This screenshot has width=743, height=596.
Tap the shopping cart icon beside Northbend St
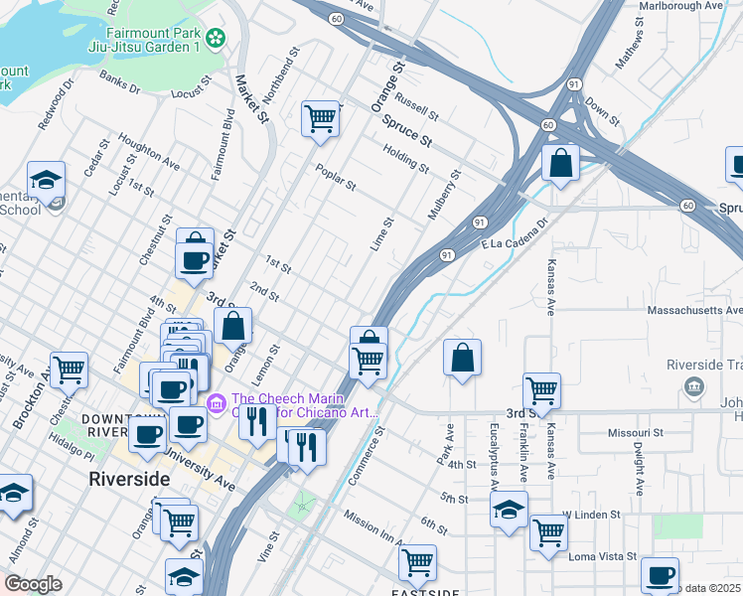321,119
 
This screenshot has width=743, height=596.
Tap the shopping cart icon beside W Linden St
548,532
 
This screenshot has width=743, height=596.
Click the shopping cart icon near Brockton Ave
70,370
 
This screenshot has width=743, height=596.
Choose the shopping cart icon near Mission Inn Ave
417,562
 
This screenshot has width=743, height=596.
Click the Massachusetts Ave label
694,311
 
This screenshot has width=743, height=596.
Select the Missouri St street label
635,434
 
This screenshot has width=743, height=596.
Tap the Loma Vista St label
603,557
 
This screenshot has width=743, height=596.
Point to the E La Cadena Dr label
515,236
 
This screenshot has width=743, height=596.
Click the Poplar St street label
336,175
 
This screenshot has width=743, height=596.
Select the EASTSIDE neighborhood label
425,592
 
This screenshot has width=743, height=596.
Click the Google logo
34,584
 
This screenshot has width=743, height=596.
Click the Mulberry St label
443,196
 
